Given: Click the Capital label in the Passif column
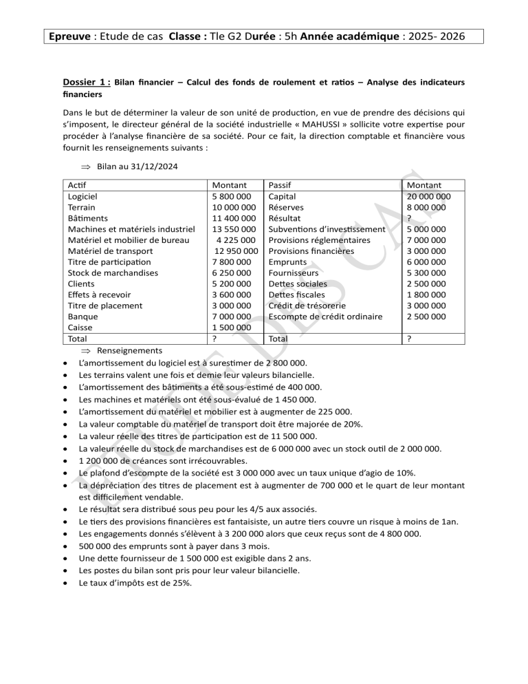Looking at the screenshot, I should (284, 196).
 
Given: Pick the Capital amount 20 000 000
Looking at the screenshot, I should (434, 196).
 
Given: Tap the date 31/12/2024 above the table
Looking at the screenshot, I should (147, 167).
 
